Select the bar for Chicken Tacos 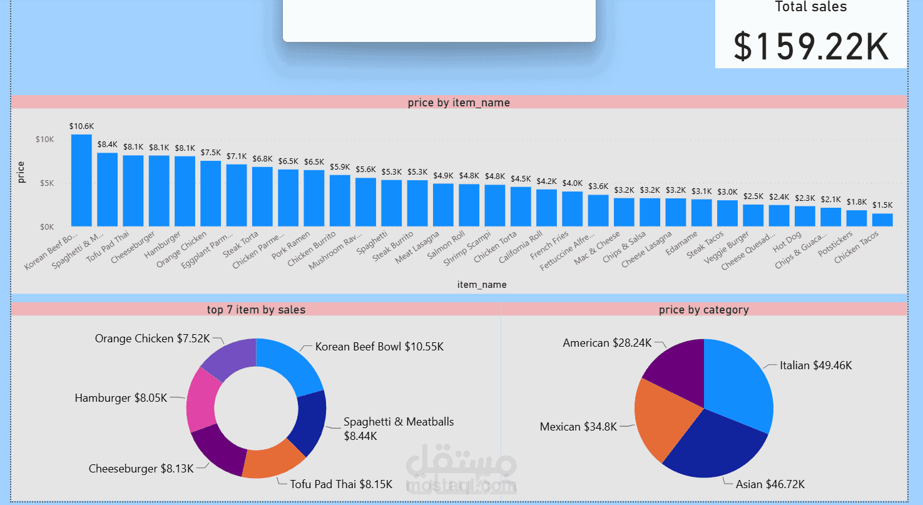point(882,220)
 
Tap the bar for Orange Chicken point(210,193)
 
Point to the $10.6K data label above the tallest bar point(81,126)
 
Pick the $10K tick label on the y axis point(44,139)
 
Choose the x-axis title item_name point(482,285)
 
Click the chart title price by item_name point(459,103)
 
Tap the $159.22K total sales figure point(811,47)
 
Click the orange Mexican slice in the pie point(663,419)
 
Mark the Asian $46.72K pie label point(770,484)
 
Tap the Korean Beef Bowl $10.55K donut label point(379,347)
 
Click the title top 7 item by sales point(256,309)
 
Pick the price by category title point(703,309)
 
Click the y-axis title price point(22,172)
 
